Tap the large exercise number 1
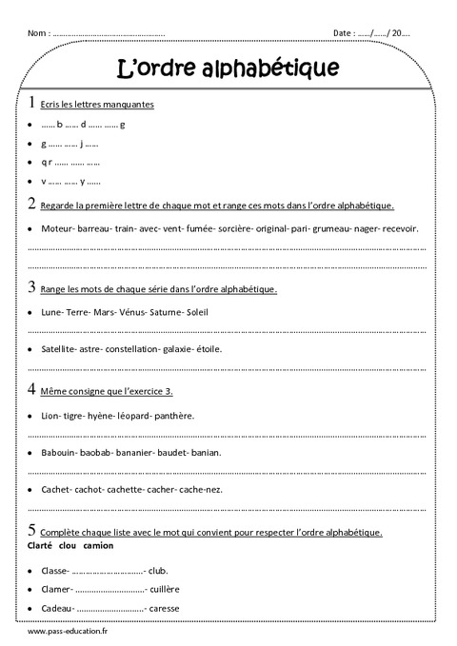32,102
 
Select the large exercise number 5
32,531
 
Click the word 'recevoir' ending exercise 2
399,228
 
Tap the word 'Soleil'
194,311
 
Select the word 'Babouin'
60,452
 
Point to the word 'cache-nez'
200,489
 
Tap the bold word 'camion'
99,546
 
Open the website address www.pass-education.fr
70,632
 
